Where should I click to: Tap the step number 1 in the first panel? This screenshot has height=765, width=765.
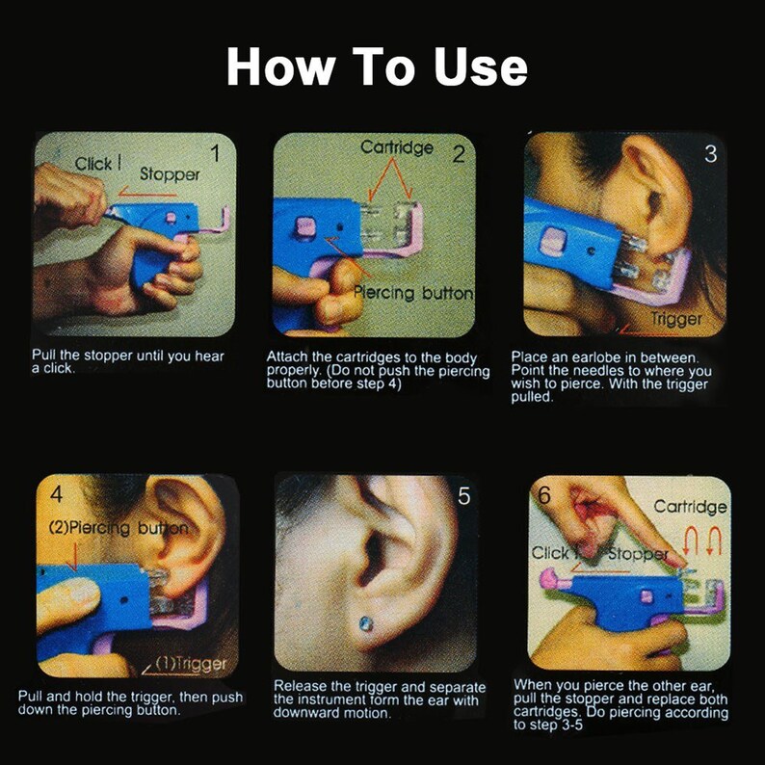point(215,152)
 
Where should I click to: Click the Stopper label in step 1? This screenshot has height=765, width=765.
point(170,174)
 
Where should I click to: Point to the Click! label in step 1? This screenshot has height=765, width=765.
point(97,164)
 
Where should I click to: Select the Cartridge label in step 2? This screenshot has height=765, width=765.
point(397,147)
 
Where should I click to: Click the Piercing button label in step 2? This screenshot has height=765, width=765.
point(413,292)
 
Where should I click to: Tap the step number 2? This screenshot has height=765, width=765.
point(458,153)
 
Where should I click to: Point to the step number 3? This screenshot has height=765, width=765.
point(710,153)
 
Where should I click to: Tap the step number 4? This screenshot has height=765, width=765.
point(56,495)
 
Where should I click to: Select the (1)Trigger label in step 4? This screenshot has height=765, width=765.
point(191,663)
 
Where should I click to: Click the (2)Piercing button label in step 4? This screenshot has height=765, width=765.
point(118,528)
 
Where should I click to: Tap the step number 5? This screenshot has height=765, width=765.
point(463,497)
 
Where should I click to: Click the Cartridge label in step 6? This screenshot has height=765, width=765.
point(690,506)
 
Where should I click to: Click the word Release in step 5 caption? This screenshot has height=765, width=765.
point(303,685)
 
